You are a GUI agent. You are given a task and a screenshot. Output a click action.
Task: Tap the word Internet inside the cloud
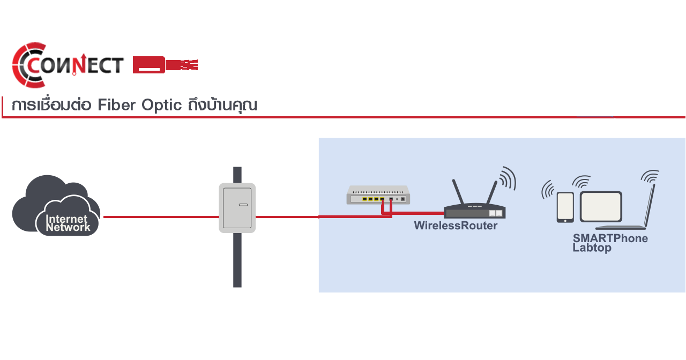click(x=67, y=219)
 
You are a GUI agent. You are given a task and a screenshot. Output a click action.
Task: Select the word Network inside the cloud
click(x=68, y=227)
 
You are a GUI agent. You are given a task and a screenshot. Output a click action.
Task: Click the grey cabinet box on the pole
click(x=237, y=207)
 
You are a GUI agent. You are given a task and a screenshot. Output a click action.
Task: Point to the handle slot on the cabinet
click(x=243, y=205)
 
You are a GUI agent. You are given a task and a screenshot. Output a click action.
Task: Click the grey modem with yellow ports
click(x=378, y=194)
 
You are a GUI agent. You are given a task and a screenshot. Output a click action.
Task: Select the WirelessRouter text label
click(x=456, y=226)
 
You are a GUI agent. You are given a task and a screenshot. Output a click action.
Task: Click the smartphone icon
click(x=565, y=207)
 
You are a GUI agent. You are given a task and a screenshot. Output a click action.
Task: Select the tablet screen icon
click(x=601, y=207)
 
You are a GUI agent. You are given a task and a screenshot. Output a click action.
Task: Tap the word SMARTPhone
click(x=610, y=238)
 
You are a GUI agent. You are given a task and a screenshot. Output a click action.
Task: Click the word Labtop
click(x=592, y=248)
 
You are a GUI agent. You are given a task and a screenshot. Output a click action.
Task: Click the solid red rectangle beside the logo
click(x=165, y=64)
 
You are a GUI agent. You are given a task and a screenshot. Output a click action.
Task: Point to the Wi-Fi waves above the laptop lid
click(x=650, y=176)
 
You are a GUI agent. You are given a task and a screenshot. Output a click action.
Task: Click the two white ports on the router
click(x=496, y=213)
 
